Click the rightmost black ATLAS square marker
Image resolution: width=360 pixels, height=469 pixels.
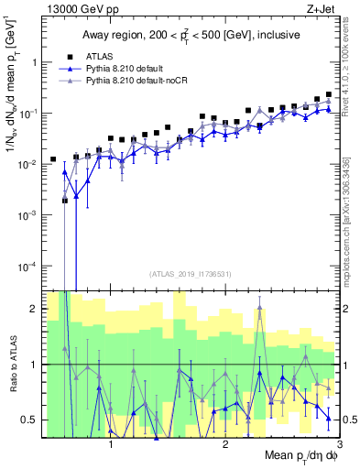tap(329, 95)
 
